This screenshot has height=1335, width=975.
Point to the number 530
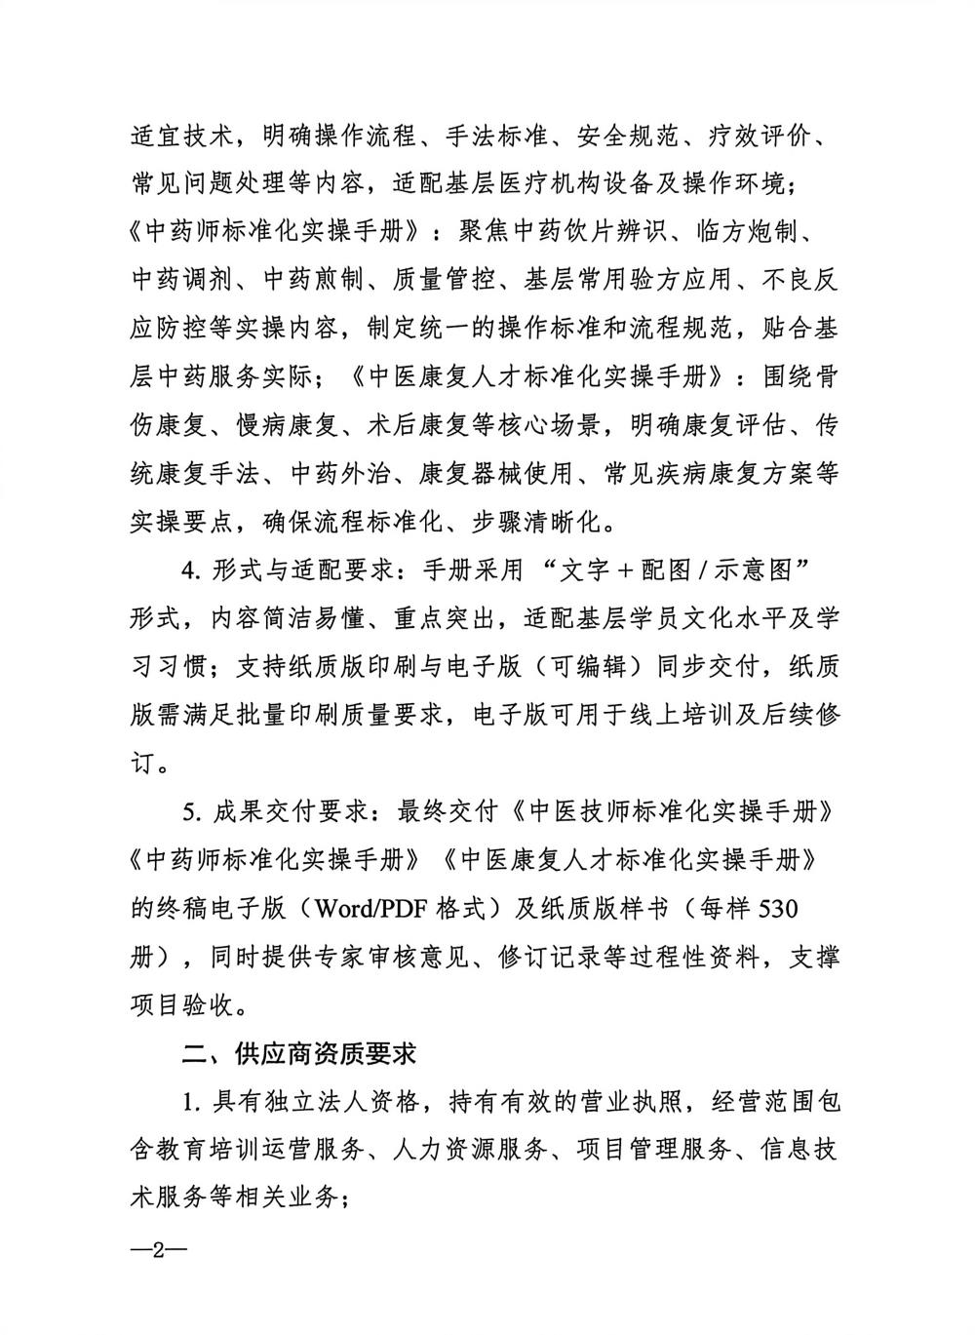[777, 909]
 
